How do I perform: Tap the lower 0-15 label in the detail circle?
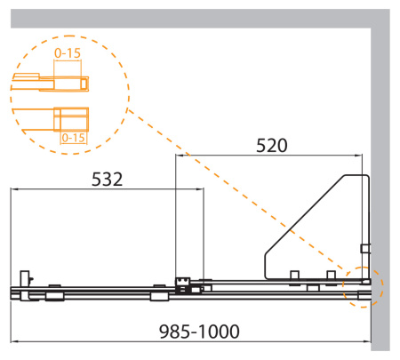pyautogui.click(x=73, y=138)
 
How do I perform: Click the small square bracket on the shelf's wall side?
pyautogui.click(x=364, y=248)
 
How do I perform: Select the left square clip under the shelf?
pyautogui.click(x=295, y=276)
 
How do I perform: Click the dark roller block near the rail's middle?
pyautogui.click(x=186, y=284)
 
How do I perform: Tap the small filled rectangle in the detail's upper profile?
pyautogui.click(x=85, y=84)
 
